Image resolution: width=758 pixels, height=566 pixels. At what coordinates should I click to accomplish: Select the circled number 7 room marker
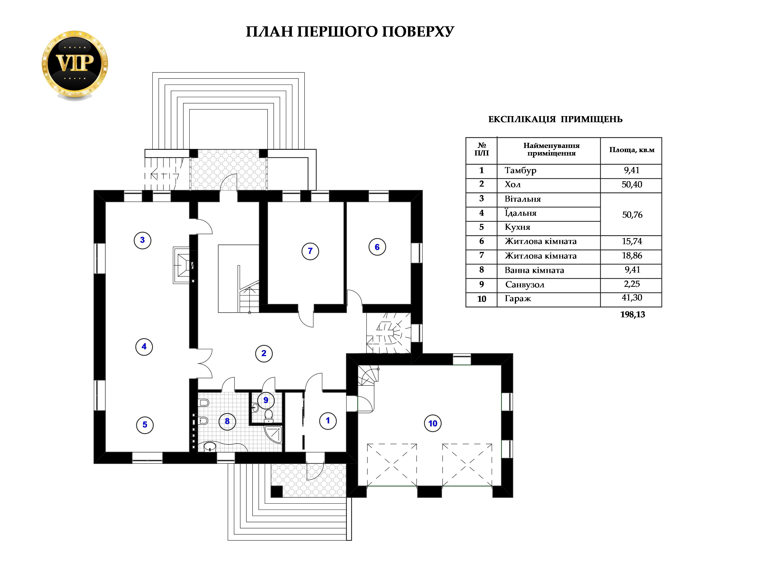[x=310, y=251]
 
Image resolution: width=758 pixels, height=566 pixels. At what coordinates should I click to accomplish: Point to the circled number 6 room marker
[x=377, y=247]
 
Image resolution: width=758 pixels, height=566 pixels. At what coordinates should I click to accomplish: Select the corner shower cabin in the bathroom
[x=274, y=435]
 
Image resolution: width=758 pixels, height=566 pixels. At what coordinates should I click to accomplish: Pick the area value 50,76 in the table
[x=632, y=215]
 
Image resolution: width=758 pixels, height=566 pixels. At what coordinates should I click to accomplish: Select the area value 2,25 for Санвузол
[x=632, y=284]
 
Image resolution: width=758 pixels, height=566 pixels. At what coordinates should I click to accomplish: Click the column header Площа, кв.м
[x=632, y=150]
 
